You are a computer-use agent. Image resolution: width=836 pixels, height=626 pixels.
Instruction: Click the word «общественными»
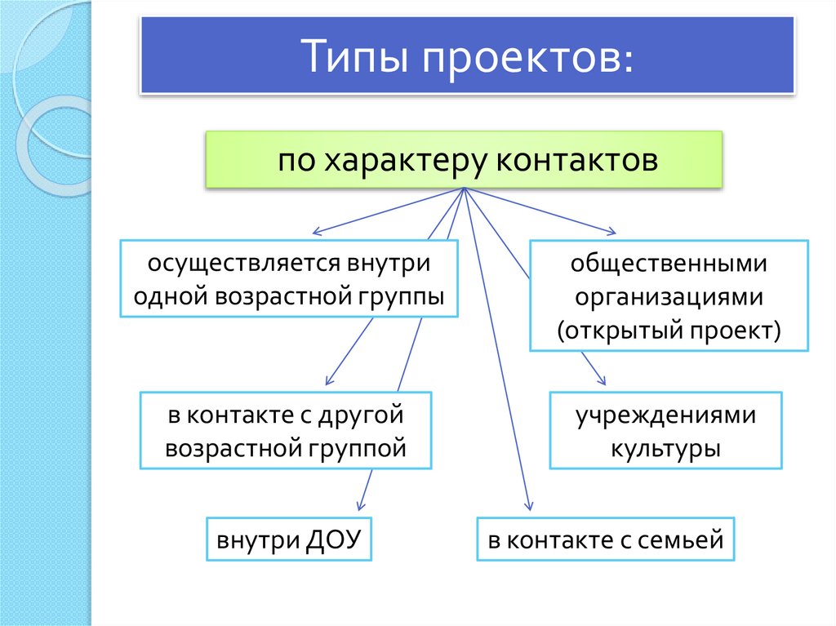669,264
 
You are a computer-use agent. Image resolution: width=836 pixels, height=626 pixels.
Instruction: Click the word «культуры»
665,448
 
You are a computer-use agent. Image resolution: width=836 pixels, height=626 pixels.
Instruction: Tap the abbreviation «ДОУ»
333,539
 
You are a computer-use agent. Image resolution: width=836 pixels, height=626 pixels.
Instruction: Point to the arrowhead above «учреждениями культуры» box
603,381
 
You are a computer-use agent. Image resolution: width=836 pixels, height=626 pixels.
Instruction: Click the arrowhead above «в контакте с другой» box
328,380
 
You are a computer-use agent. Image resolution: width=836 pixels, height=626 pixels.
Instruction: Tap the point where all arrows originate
464,189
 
